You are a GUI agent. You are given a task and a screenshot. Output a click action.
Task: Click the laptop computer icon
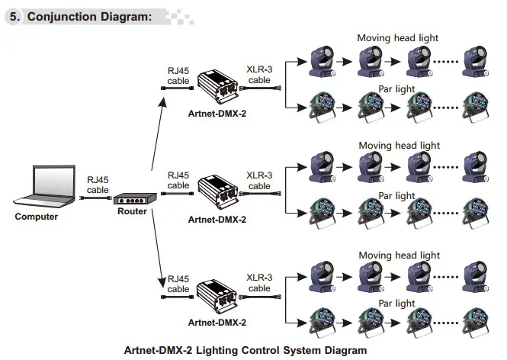tap(45, 186)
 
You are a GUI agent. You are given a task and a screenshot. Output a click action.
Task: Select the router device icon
tap(135, 198)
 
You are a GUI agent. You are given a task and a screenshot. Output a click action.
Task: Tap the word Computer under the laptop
tap(37, 217)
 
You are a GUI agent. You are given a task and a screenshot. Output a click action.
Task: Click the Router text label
tap(132, 211)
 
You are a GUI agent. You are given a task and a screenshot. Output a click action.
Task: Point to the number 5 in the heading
tap(14, 17)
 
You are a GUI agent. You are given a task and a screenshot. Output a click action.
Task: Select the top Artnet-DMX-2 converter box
tap(218, 86)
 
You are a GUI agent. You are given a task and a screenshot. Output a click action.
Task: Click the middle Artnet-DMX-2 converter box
tap(218, 192)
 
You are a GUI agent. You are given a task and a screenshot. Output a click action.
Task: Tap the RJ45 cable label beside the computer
tap(98, 185)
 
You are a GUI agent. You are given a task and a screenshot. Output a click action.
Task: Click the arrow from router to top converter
tap(159, 134)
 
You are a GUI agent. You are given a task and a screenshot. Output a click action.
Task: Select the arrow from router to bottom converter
tap(159, 249)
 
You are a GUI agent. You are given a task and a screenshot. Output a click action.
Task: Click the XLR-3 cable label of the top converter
tap(259, 75)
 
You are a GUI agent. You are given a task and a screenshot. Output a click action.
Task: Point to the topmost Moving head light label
tap(397, 38)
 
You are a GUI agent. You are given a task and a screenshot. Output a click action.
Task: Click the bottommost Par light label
tap(396, 304)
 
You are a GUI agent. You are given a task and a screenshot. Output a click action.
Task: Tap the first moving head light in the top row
tap(322, 61)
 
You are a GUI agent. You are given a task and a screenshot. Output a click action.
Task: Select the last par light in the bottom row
tap(475, 322)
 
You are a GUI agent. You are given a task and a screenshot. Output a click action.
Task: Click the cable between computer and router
tap(96, 198)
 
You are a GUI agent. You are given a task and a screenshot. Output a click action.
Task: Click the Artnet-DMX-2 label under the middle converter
tap(217, 220)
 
